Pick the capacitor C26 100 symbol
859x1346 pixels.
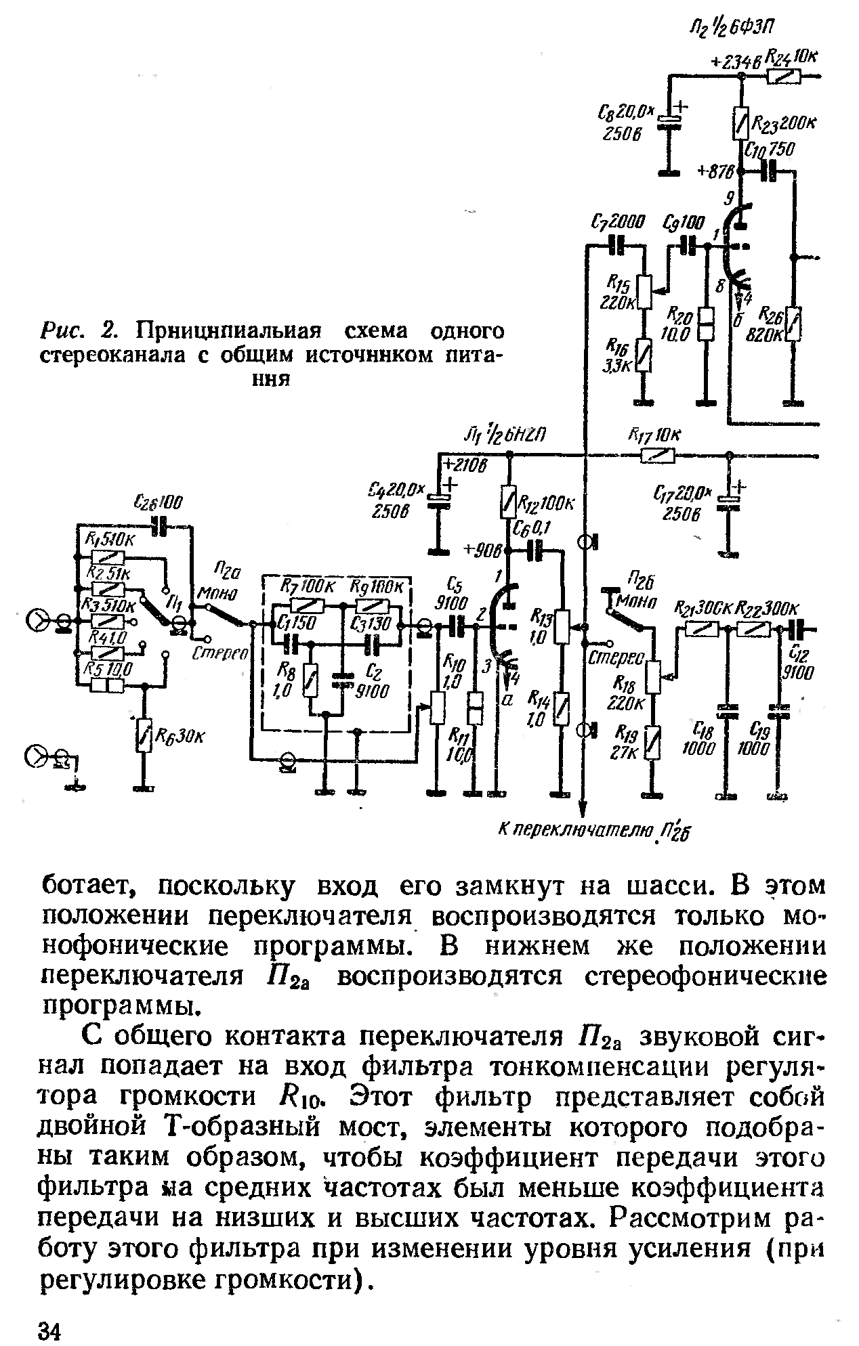161,525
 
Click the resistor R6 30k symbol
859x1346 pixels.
143,735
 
